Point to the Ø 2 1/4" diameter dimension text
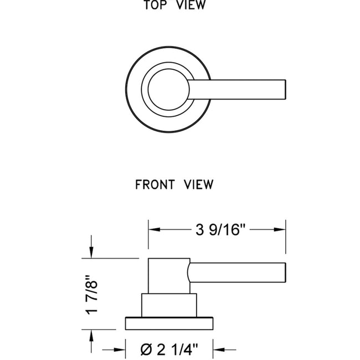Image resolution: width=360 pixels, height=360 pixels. click(169, 349)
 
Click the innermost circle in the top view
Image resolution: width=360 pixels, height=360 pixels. click(168, 88)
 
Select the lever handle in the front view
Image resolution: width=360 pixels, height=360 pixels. click(238, 272)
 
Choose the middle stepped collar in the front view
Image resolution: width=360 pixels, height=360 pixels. click(169, 304)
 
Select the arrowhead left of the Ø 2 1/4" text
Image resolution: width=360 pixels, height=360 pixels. click(121, 350)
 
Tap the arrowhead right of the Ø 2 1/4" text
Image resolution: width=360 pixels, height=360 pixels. click(218, 350)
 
